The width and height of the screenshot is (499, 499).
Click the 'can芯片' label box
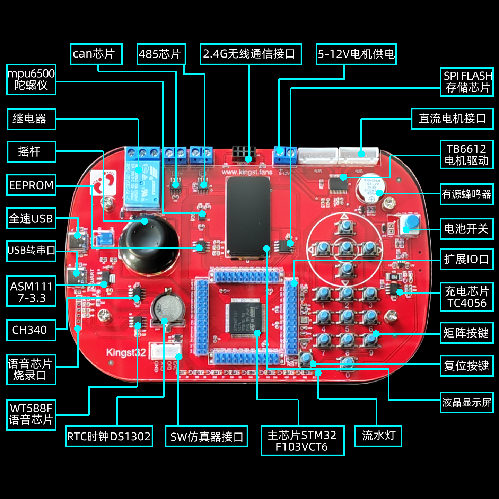[x=96, y=54]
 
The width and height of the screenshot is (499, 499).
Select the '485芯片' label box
[x=161, y=54]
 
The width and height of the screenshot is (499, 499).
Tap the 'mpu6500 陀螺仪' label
[x=31, y=79]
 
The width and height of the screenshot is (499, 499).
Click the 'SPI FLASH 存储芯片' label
[x=466, y=82]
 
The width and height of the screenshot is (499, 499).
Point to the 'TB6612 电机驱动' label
[x=466, y=155]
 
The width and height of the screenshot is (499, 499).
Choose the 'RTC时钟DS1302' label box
[x=109, y=436]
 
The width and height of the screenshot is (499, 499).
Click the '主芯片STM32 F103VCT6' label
[x=302, y=440]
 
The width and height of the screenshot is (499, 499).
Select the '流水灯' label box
[x=378, y=436]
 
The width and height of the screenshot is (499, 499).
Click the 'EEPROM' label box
[x=31, y=185]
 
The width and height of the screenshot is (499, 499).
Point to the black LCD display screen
[x=248, y=217]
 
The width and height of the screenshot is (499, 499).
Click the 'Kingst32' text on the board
[x=126, y=353]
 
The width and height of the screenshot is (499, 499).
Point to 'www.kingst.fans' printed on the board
[x=247, y=172]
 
